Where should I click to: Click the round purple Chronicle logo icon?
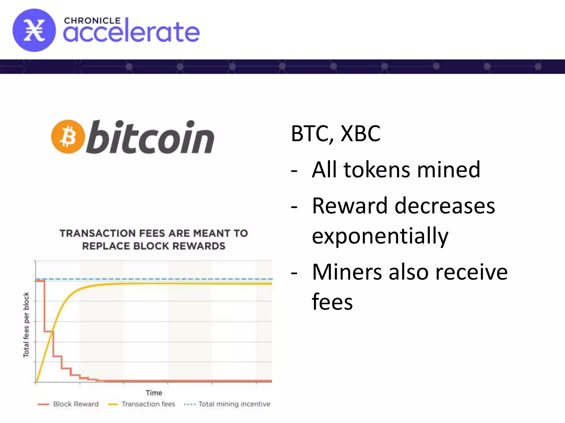pos(34,30)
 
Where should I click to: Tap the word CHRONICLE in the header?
pos(92,21)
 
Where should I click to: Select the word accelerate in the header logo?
pos(131,32)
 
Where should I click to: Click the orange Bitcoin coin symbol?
pos(68,137)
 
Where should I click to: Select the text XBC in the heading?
pos(360,134)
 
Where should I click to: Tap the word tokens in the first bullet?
pos(377,170)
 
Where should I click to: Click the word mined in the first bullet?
pos(449,170)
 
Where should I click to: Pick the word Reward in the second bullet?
pos(350,206)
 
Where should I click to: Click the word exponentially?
pos(380,236)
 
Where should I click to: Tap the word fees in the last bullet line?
pos(332,302)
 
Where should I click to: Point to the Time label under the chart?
pos(154,393)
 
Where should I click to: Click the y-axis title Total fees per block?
pos(26,325)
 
